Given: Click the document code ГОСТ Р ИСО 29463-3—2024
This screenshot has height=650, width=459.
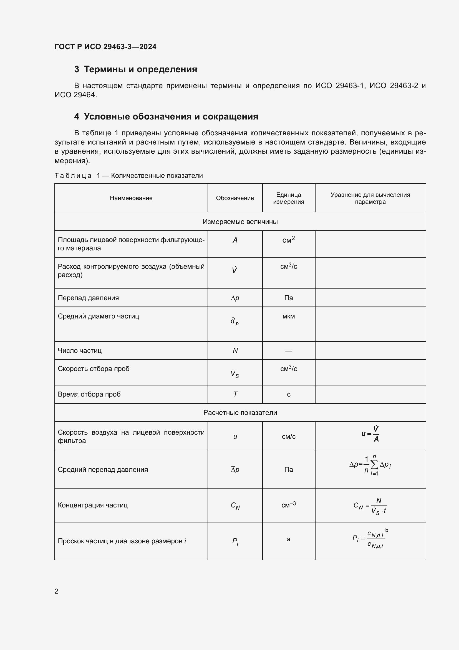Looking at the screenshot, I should [105, 47].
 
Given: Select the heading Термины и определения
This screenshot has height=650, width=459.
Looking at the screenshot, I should [140, 69].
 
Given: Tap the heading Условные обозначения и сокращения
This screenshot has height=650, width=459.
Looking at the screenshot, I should [171, 117].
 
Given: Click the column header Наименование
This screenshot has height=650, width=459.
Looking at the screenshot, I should [131, 198].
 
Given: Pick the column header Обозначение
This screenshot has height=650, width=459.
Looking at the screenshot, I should [235, 198].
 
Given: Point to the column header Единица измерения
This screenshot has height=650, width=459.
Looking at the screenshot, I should [289, 198].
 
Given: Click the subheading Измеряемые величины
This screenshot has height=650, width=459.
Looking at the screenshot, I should [240, 222].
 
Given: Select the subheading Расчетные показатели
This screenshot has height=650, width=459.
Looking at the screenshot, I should [240, 412].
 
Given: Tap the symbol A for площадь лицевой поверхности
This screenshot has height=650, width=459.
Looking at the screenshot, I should [235, 240].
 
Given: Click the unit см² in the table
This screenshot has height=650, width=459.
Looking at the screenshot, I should [289, 240].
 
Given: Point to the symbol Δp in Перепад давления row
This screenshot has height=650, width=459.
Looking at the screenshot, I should [235, 298].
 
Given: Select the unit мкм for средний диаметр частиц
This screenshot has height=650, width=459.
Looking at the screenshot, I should [289, 316].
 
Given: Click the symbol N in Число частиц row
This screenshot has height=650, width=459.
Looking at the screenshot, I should [235, 350].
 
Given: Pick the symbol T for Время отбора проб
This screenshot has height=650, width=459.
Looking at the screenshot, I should [235, 394].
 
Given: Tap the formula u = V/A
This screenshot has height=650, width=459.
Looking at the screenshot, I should [370, 434].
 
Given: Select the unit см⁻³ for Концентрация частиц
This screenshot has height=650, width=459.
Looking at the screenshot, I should [289, 505].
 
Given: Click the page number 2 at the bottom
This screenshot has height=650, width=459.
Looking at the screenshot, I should [57, 591].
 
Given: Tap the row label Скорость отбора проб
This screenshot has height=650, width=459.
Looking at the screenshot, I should [94, 368].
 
